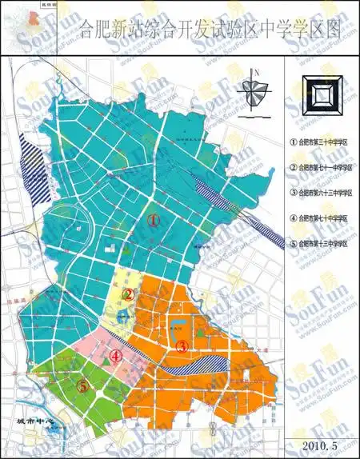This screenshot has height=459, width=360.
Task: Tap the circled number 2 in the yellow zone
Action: click(x=127, y=293)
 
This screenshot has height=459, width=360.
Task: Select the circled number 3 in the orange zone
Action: click(x=182, y=346)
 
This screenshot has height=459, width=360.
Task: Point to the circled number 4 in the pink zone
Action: click(x=116, y=357)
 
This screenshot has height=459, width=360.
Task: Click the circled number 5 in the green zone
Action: click(x=82, y=385)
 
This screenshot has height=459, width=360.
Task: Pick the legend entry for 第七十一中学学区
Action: click(x=322, y=167)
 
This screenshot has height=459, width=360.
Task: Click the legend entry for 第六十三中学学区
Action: click(x=322, y=193)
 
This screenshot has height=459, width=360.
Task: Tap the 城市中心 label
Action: click(x=32, y=421)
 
